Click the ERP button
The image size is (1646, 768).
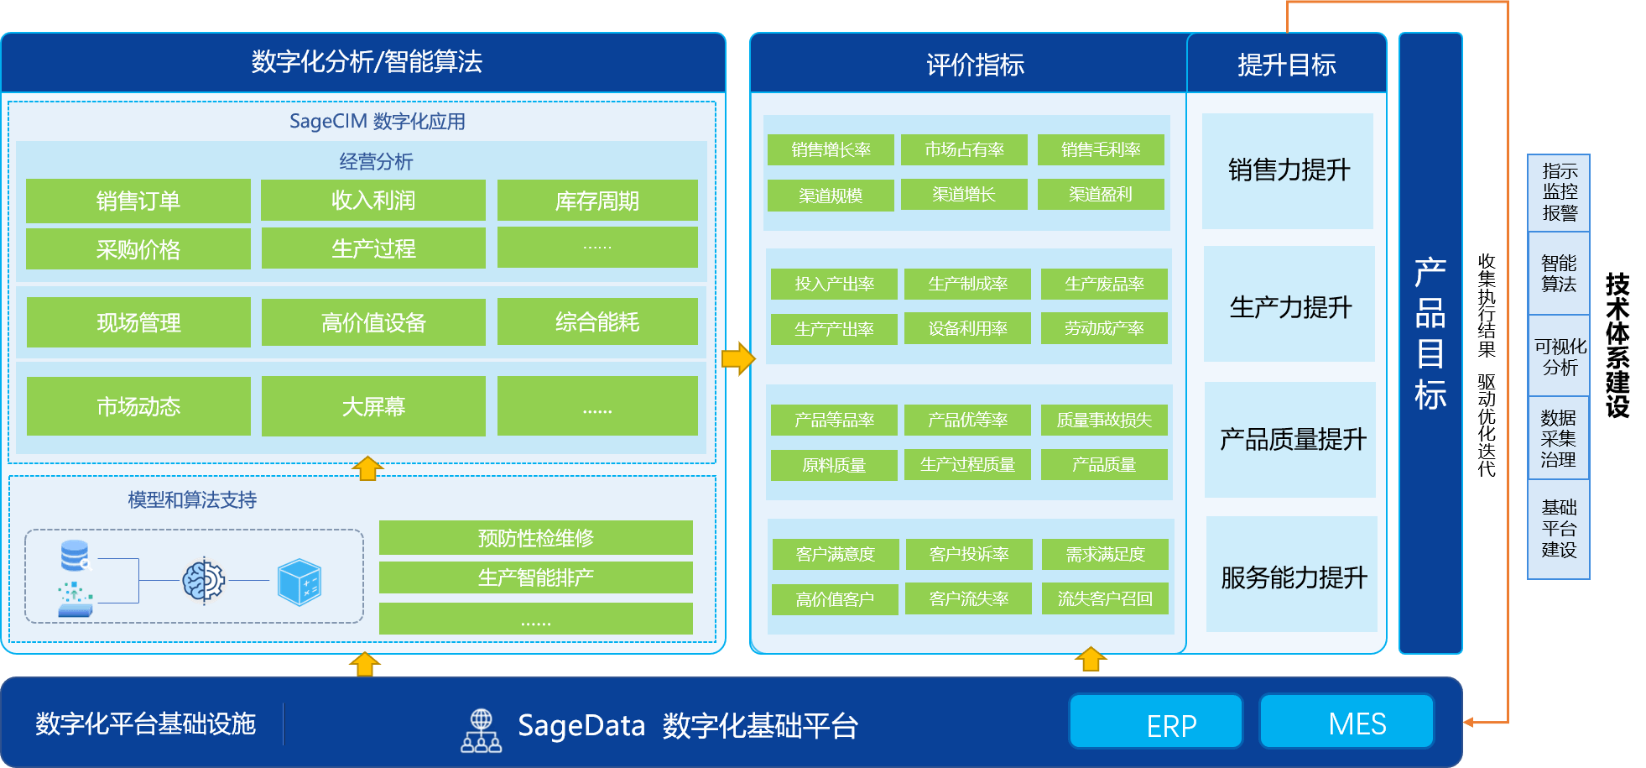click(1155, 721)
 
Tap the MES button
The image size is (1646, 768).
click(1346, 721)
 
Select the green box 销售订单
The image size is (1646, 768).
click(138, 201)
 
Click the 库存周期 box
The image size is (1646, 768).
click(597, 201)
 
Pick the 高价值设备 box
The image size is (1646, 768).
click(373, 322)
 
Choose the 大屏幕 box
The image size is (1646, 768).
click(373, 406)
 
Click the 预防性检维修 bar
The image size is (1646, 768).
click(536, 538)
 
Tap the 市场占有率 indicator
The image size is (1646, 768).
click(964, 149)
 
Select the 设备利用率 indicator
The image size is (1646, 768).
click(967, 328)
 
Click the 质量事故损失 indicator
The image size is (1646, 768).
click(1104, 420)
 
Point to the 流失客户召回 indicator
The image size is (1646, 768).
click(1105, 598)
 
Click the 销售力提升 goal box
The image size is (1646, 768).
click(1288, 171)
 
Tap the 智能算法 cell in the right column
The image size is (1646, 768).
click(1559, 274)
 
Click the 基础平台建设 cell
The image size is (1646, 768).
click(1559, 529)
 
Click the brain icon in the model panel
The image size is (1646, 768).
click(204, 580)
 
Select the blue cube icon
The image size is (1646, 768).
click(300, 582)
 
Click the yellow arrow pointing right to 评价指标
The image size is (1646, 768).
click(738, 358)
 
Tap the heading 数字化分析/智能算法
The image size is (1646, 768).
click(367, 61)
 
